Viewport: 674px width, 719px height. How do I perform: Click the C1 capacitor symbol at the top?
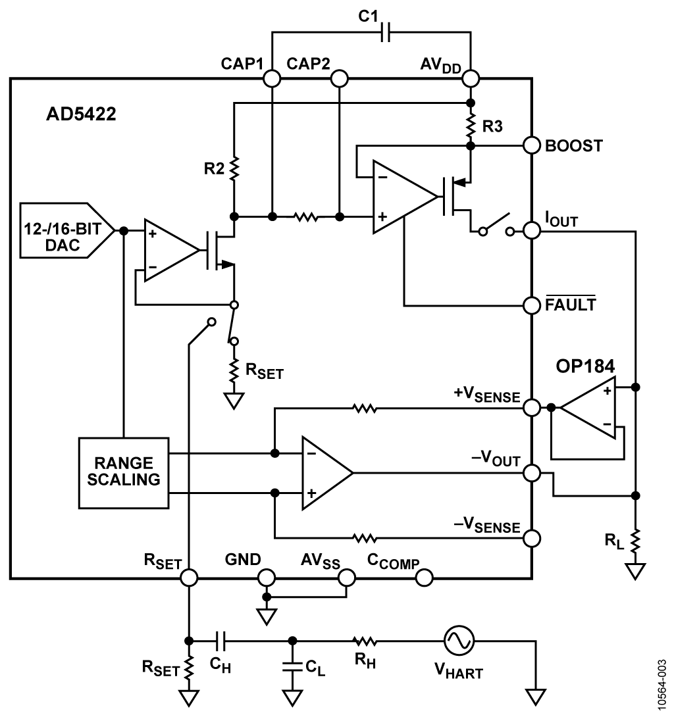386,32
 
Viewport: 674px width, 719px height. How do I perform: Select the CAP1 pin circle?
272,78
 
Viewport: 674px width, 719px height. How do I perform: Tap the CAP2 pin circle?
339,78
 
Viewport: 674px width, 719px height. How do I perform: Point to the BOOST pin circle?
532,146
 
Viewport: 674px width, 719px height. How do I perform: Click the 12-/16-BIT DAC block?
67,230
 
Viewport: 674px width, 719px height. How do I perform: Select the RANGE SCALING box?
124,473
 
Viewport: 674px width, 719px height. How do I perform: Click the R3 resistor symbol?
470,125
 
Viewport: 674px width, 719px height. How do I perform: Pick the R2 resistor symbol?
234,168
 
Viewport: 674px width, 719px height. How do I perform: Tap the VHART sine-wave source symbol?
459,641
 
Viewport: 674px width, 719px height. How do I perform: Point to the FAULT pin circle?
532,305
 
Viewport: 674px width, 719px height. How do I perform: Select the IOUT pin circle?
532,230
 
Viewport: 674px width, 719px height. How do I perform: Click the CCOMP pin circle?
424,578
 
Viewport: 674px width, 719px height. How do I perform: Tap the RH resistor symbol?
365,641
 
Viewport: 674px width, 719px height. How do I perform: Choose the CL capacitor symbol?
292,666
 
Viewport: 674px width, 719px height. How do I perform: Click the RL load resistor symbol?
635,541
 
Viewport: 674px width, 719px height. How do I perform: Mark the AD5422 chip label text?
81,114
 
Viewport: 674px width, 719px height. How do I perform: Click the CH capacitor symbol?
220,641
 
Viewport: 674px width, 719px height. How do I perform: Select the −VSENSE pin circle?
532,538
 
